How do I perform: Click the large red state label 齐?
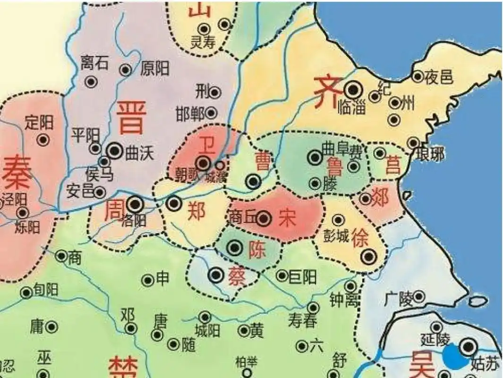325,92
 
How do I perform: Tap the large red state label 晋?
131,118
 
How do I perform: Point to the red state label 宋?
287,218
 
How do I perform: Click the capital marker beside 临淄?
352,89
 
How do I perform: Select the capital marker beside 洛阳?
136,204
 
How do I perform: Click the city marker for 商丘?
264,218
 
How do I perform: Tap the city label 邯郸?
190,113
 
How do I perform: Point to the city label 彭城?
336,235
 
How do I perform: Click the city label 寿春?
302,321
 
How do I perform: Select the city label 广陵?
399,298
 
